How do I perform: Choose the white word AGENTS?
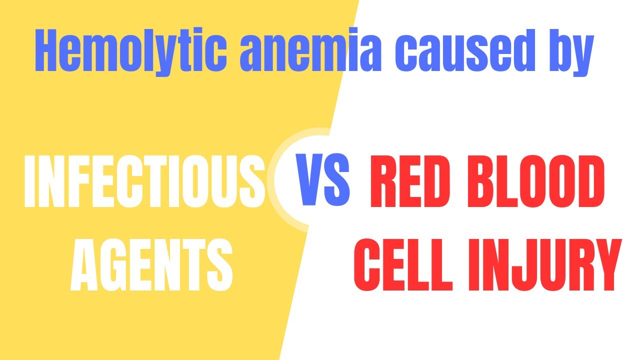(151, 265)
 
